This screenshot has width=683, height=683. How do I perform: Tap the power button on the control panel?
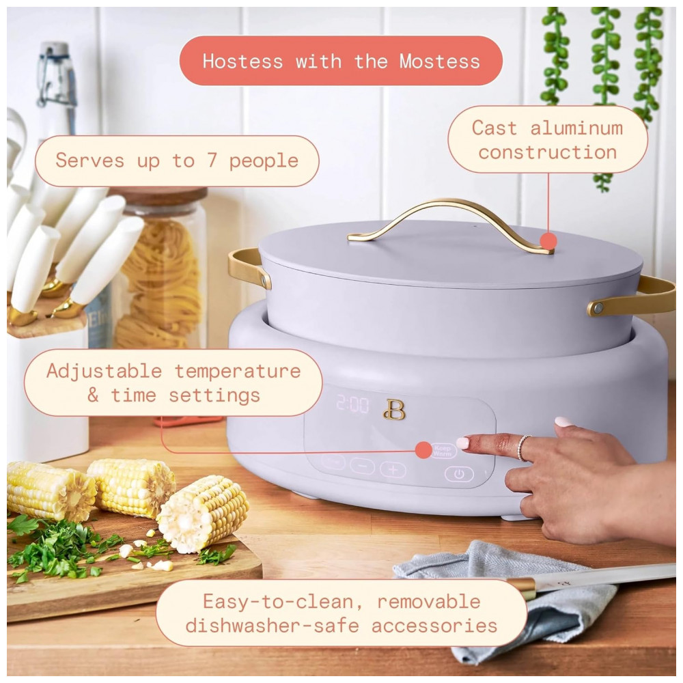coord(459,474)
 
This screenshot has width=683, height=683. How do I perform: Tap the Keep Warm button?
coord(443,450)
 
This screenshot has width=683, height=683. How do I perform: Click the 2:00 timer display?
coord(352,404)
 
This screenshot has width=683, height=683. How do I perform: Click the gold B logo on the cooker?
coord(394,409)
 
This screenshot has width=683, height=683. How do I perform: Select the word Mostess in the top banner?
coord(439,61)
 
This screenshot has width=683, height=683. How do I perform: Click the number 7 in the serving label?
coord(212,161)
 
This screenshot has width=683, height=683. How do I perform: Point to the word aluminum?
coord(576,128)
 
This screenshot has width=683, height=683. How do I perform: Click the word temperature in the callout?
coord(238,372)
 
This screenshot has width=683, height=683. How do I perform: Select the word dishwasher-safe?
coord(272,626)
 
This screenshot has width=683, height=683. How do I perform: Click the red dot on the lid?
coord(548,241)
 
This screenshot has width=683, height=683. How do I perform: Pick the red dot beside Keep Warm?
coord(423,450)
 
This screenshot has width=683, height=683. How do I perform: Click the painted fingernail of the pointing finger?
coord(462,443)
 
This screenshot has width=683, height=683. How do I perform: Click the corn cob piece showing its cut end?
coord(203,513)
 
